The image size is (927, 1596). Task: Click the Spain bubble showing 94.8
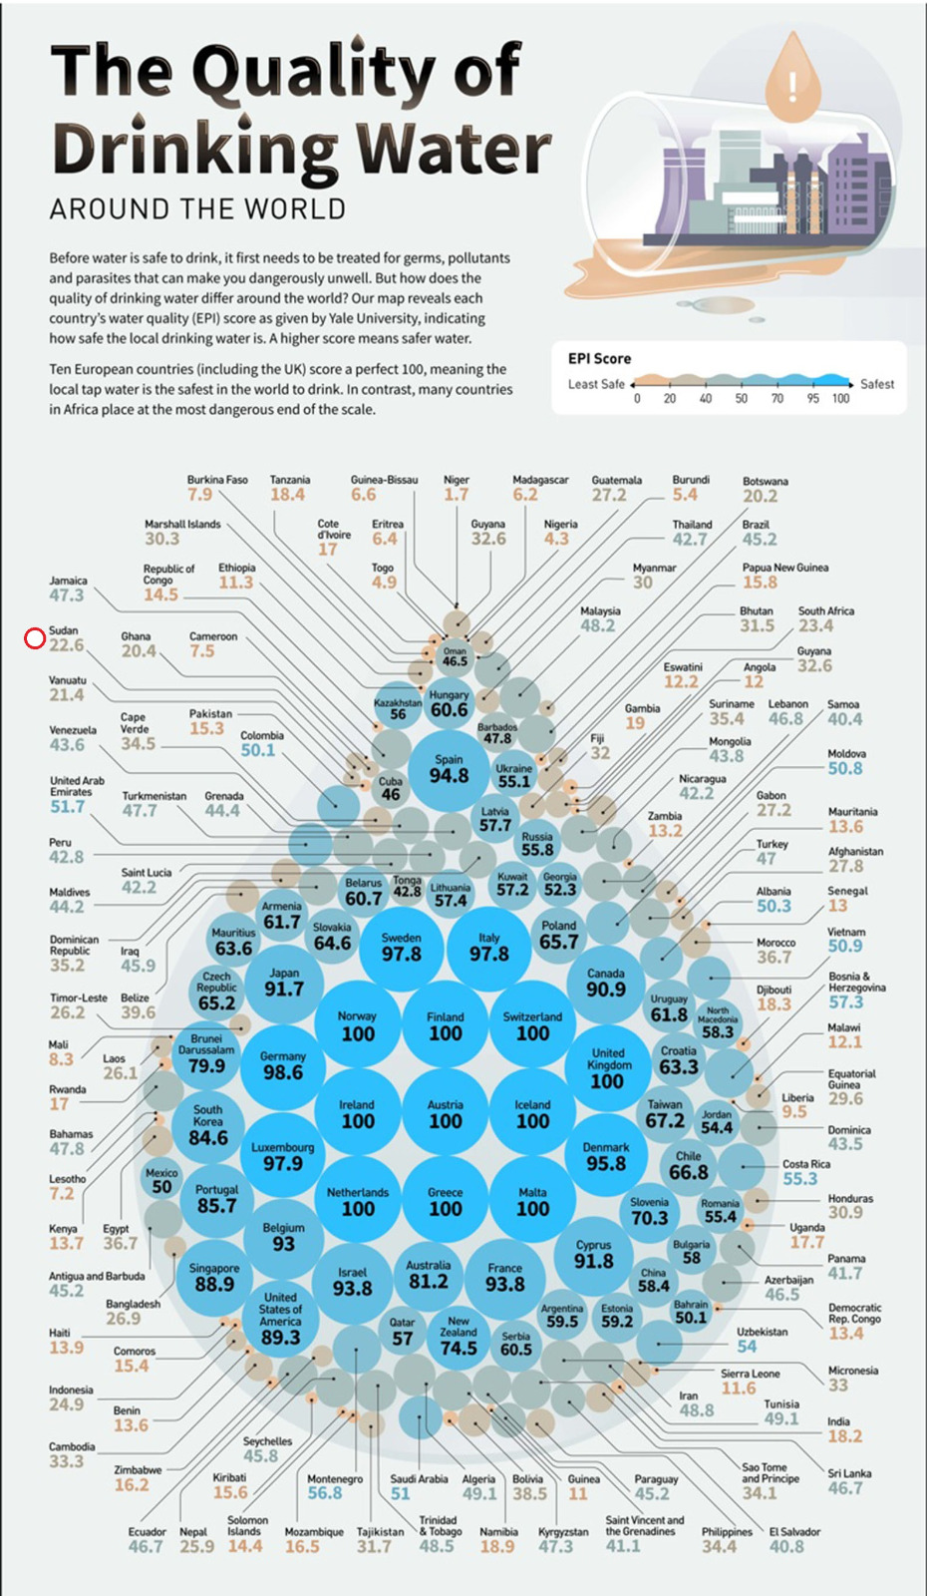pyautogui.click(x=449, y=769)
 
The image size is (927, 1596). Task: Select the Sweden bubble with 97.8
pyautogui.click(x=402, y=947)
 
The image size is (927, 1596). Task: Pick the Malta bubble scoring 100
pyautogui.click(x=532, y=1201)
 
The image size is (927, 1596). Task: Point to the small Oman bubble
pyautogui.click(x=455, y=656)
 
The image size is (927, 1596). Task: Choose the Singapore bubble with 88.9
pyautogui.click(x=214, y=1278)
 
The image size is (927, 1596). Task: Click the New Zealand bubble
pyautogui.click(x=459, y=1336)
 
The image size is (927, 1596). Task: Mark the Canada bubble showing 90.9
pyautogui.click(x=606, y=982)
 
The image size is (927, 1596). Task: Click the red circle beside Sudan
pyautogui.click(x=35, y=638)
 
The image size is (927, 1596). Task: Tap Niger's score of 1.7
pyautogui.click(x=457, y=495)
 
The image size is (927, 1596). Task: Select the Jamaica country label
pyautogui.click(x=68, y=581)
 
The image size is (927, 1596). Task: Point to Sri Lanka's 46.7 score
pyautogui.click(x=844, y=1488)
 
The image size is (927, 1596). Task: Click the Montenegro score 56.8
pyautogui.click(x=324, y=1493)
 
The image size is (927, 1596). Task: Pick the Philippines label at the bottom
pyautogui.click(x=727, y=1532)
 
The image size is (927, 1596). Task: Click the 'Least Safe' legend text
pyautogui.click(x=596, y=384)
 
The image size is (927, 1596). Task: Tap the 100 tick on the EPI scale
pyautogui.click(x=841, y=399)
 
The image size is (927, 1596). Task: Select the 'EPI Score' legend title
pyautogui.click(x=599, y=358)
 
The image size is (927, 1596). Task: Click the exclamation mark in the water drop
pyautogui.click(x=793, y=86)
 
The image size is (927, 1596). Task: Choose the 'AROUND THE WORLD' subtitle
pyautogui.click(x=197, y=209)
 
